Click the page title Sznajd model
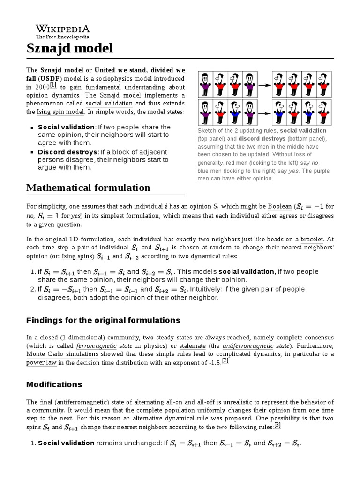69,48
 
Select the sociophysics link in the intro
114,79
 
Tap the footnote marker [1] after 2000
53,85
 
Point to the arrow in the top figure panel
265,85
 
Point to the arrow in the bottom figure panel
265,113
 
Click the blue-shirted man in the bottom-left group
235,113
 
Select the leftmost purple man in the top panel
205,85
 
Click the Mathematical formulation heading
88,188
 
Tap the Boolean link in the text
279,206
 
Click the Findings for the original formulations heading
103,321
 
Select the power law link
42,362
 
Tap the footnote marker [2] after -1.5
225,360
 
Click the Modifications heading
54,384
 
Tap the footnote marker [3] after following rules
277,425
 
